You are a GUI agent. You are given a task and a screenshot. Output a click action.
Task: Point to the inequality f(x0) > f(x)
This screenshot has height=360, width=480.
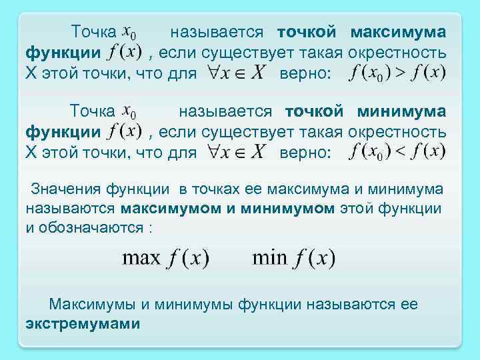click(x=397, y=73)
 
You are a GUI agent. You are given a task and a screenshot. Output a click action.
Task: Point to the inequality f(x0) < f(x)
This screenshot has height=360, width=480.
click(x=397, y=152)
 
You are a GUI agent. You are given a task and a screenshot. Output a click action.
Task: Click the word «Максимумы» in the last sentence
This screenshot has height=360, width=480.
click(x=91, y=305)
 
